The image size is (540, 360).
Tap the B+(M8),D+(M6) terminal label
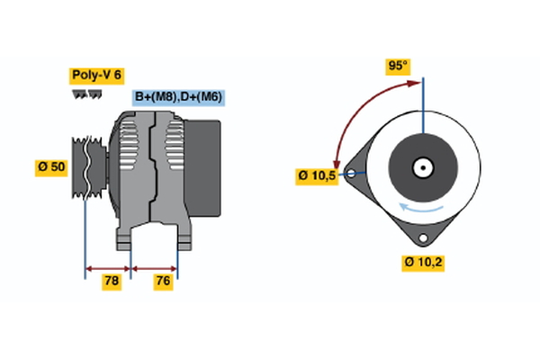point(179,97)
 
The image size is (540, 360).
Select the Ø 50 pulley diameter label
point(51,167)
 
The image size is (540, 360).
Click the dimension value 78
point(111,282)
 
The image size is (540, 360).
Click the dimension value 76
point(162,282)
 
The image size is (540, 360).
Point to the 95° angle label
point(397,66)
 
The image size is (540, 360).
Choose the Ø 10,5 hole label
point(316,175)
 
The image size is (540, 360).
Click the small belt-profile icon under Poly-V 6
point(86,94)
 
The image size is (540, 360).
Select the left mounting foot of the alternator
point(127,238)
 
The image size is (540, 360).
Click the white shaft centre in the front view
point(422,167)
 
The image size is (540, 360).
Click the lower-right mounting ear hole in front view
point(420,238)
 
